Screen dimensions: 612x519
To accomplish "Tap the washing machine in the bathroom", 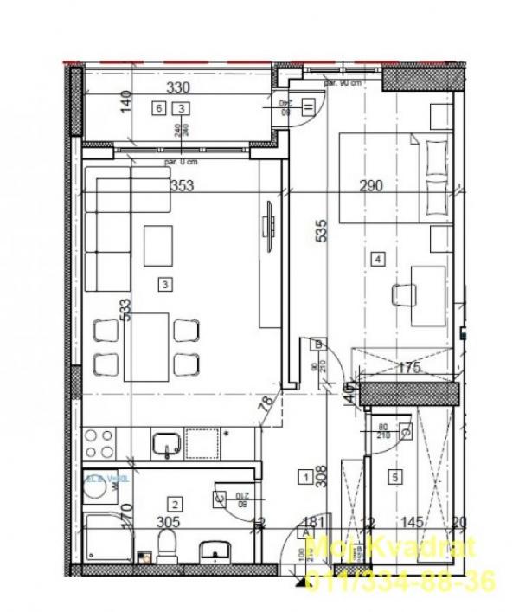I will (x=105, y=492).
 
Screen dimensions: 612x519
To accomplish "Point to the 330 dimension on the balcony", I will (x=178, y=88).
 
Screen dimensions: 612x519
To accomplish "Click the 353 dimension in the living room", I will (x=181, y=185).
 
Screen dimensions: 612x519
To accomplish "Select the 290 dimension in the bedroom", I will (x=370, y=185).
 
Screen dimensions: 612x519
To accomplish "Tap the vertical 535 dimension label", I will (x=322, y=231).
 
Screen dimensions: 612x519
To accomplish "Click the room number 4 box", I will (x=377, y=257).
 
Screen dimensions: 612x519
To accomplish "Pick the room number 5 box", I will (x=395, y=475).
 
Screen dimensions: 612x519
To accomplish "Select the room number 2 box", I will (x=175, y=505).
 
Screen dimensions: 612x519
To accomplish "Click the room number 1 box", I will (x=305, y=475).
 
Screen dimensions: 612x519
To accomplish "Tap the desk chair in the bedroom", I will (x=401, y=295).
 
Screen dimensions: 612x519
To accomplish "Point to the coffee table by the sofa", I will (x=157, y=245).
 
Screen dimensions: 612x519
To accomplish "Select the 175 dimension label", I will (x=408, y=368).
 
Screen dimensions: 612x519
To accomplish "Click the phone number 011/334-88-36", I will (x=400, y=580).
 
